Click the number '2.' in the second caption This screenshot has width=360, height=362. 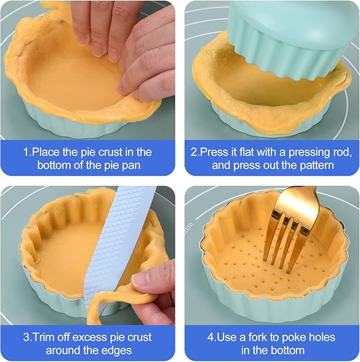coord(195,152)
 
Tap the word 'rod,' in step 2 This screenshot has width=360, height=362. coord(340,152)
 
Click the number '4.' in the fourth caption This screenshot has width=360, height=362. coord(209,337)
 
